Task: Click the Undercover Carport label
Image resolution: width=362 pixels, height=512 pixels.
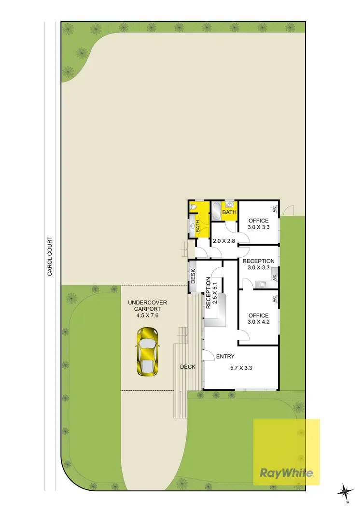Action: tap(147, 306)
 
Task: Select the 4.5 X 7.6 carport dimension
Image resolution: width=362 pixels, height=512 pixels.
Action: tap(147, 315)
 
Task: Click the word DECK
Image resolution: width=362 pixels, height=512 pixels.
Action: tap(188, 367)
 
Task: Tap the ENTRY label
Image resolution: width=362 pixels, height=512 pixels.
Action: tap(225, 357)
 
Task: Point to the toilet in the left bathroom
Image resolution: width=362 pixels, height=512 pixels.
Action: tap(193, 207)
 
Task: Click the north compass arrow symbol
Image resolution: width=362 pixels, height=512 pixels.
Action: tap(346, 492)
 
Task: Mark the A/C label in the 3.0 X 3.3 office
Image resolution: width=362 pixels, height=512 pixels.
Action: tap(274, 209)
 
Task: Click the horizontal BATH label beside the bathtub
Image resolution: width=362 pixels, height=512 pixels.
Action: tap(229, 212)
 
